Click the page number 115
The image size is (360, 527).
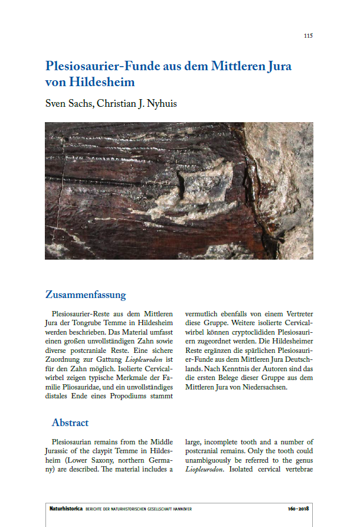click(308, 36)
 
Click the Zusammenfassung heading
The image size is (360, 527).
click(86, 294)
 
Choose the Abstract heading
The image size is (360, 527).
click(70, 423)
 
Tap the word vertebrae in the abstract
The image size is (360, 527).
click(296, 469)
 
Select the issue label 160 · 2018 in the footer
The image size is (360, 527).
click(299, 509)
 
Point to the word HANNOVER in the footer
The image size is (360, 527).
click(180, 509)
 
